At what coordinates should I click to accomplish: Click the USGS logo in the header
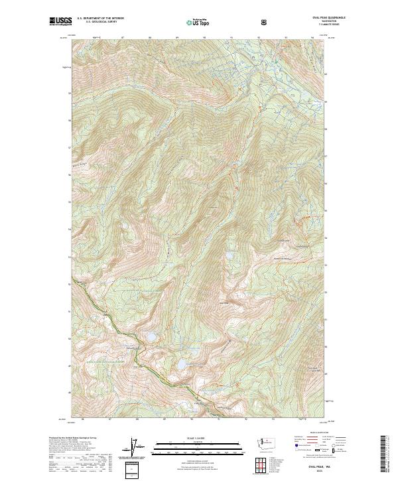coord(60,22)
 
